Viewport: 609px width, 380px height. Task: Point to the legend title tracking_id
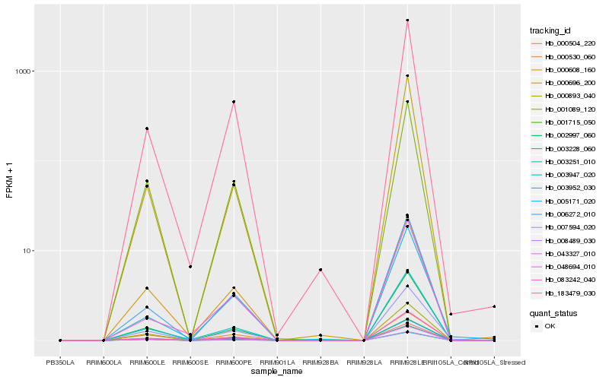(550, 30)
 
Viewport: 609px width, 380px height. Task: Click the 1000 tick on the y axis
(24, 71)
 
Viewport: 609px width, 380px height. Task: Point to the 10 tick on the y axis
(28, 251)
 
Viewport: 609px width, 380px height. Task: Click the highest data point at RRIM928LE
(407, 21)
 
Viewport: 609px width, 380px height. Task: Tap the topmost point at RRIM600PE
(234, 102)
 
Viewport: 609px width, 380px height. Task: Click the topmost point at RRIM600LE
(147, 128)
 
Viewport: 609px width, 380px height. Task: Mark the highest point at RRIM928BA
(320, 270)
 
